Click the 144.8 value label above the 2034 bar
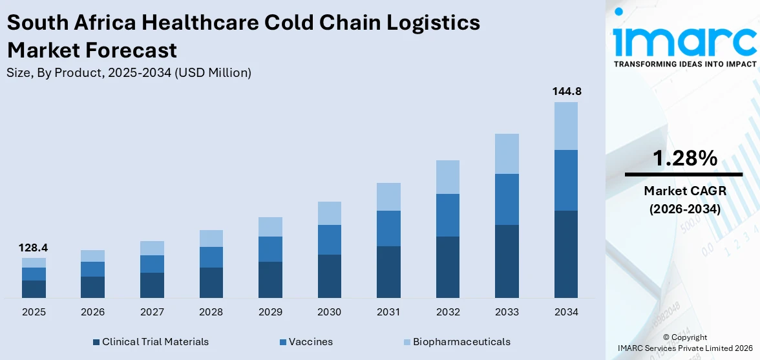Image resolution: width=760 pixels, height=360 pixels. [x=566, y=92]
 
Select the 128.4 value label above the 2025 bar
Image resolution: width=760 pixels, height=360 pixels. [x=34, y=248]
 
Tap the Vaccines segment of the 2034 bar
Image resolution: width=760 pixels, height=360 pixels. [x=566, y=180]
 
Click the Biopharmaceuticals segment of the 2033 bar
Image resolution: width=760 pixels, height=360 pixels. [x=507, y=154]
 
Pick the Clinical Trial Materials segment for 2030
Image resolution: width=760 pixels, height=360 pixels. [x=330, y=276]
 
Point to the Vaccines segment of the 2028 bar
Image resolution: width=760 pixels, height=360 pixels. [x=211, y=257]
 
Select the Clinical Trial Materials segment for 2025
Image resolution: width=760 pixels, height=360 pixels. [x=34, y=289]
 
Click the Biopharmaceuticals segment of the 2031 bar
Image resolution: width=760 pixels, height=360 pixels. [x=388, y=196]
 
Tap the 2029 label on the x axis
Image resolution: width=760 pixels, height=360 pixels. [x=270, y=312]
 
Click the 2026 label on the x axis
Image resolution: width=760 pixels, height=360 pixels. [x=93, y=312]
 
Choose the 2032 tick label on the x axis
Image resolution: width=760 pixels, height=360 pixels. [x=448, y=312]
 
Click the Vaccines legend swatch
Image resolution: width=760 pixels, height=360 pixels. [x=282, y=342]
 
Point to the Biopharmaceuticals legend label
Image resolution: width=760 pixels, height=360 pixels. [x=461, y=342]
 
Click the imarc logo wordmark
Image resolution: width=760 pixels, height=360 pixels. [x=684, y=40]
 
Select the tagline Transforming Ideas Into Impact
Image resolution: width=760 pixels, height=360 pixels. [x=684, y=64]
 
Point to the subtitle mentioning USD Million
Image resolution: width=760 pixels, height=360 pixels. [x=129, y=73]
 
